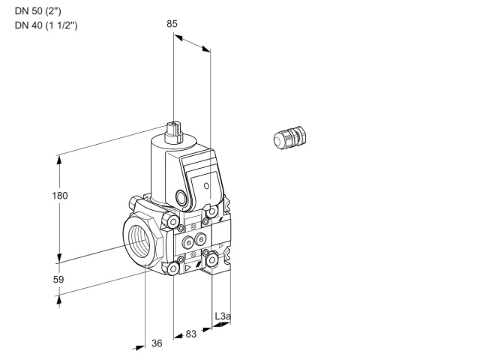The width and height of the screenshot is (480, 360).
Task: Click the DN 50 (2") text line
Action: pos(38,11)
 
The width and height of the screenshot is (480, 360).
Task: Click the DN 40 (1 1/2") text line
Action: pos(46,25)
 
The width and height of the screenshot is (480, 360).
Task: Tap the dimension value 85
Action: pos(172,24)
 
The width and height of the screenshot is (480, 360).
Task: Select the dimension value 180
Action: pos(60,196)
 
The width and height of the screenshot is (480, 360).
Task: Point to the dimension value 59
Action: pos(58,280)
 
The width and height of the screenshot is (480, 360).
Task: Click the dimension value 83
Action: pos(191,334)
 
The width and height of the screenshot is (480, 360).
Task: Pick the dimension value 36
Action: pos(157,343)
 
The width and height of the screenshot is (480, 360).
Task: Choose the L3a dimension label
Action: pos(223,316)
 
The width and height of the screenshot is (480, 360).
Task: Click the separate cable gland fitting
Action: pos(290,137)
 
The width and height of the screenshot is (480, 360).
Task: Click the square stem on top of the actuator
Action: pos(173,133)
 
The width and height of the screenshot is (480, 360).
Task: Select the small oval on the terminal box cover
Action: pos(207,186)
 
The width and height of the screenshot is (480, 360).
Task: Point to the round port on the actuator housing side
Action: pos(181,197)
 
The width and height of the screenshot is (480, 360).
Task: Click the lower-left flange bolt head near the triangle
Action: pos(173,268)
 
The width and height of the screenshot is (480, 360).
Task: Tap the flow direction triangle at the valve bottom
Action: pos(187,268)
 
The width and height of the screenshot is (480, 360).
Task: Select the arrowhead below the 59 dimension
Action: pos(59,301)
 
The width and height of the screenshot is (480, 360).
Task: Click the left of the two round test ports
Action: pos(187,243)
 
